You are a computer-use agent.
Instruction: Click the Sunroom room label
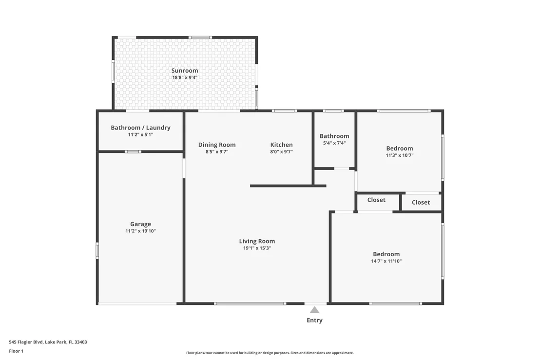(185, 71)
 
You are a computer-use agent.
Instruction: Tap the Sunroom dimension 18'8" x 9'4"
(185, 77)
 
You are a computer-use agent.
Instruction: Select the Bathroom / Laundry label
(140, 128)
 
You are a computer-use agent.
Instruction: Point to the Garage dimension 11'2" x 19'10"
(140, 231)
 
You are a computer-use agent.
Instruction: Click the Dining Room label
(217, 145)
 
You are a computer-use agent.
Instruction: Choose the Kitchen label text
(281, 145)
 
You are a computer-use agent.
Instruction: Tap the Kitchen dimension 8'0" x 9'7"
(281, 152)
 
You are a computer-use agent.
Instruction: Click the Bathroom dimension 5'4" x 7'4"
(334, 143)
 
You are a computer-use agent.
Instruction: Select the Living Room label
(257, 241)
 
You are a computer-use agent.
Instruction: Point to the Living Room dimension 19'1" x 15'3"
(257, 248)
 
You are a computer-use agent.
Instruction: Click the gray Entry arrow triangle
(314, 310)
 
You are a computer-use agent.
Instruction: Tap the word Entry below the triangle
(314, 320)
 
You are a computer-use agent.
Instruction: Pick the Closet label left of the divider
(376, 200)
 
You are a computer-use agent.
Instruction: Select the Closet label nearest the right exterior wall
(421, 202)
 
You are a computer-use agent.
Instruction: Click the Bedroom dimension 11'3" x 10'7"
(400, 155)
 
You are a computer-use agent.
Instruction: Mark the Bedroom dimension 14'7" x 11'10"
(386, 261)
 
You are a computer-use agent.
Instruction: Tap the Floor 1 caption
(16, 351)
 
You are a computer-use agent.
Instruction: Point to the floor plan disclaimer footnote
(270, 353)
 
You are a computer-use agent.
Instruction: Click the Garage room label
(140, 224)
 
